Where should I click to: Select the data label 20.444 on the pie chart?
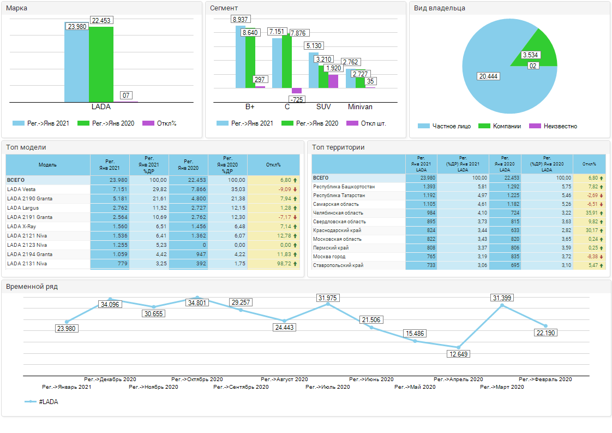pos(488,76)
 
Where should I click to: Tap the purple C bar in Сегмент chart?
pos(297,91)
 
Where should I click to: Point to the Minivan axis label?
pos(360,107)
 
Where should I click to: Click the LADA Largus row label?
pos(23,207)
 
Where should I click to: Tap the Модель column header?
pos(47,165)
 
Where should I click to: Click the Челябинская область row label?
pos(338,213)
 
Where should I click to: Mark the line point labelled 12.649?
pos(459,347)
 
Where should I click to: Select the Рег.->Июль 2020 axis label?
pos(327,387)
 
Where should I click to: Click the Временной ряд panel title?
pos(32,287)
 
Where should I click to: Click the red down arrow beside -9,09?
pos(295,189)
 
